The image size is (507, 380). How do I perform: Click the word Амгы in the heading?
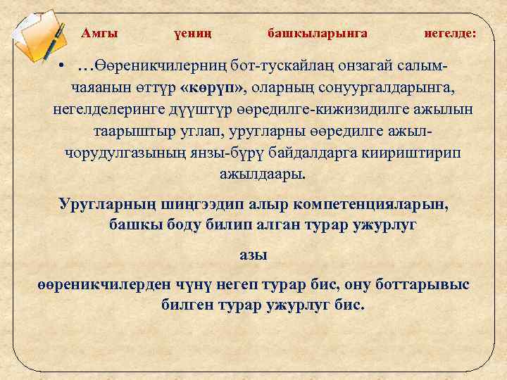coord(99,33)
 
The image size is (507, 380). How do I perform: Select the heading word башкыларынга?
coord(317,33)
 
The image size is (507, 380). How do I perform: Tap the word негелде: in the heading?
coord(449,33)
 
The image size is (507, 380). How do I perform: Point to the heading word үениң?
coord(192,33)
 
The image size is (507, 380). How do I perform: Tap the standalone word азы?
coord(254,255)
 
